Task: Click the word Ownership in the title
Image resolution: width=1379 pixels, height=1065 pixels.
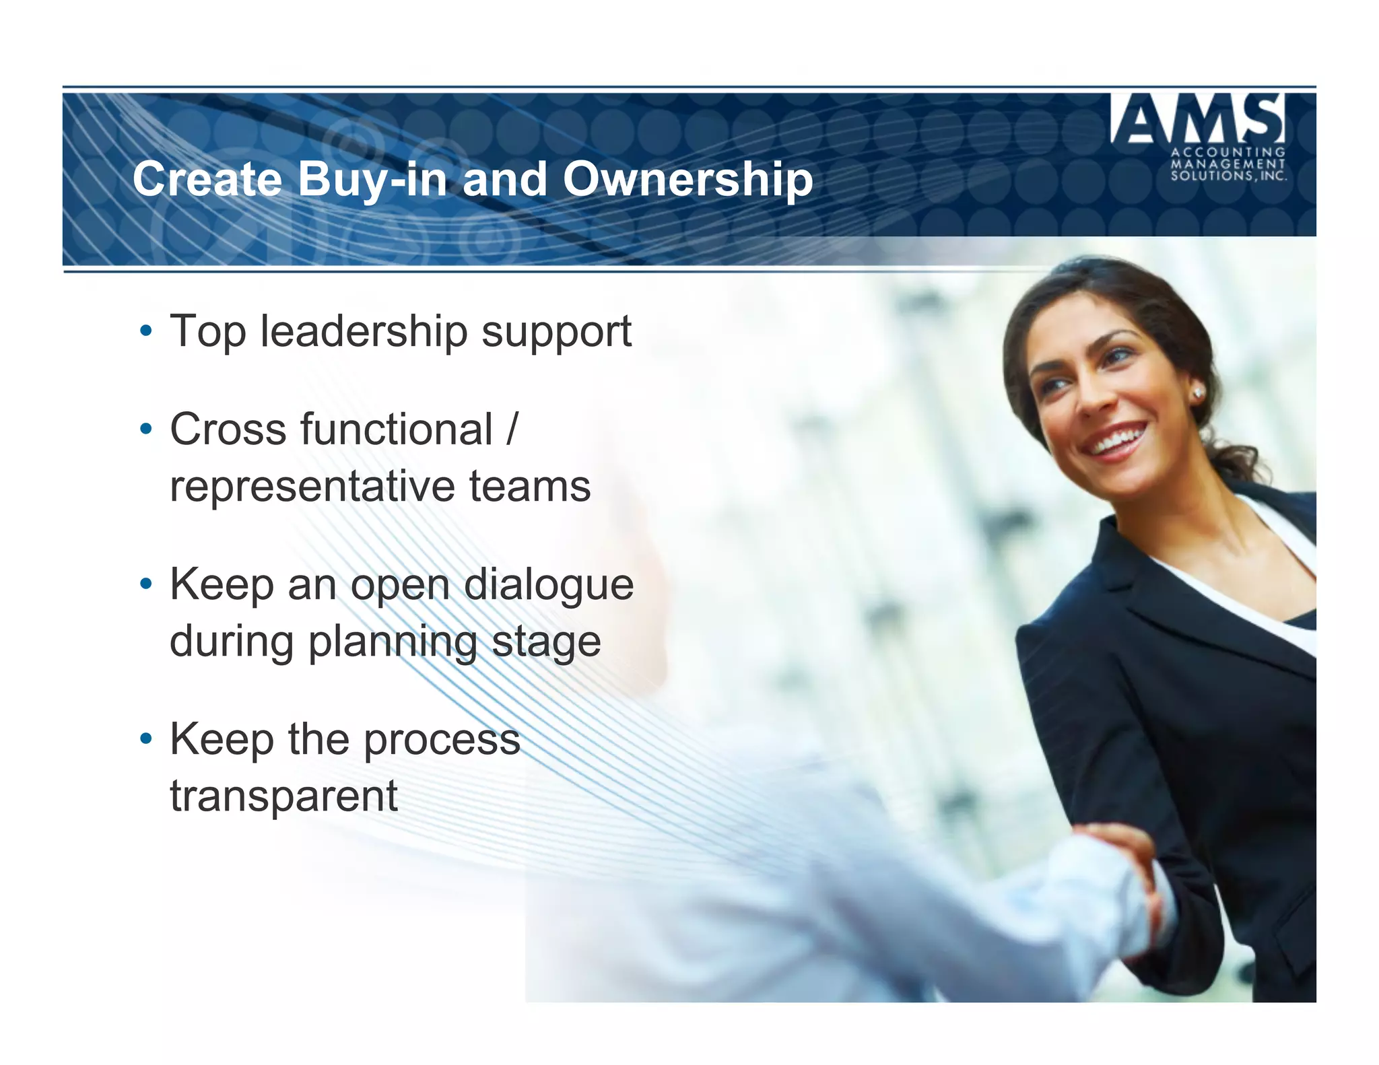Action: tap(687, 180)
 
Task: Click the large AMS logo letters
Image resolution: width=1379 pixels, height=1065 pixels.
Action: tap(1198, 119)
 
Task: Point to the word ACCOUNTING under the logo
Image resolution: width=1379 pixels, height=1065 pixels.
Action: tap(1228, 152)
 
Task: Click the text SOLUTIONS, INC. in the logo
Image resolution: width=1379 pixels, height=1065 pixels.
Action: tap(1228, 176)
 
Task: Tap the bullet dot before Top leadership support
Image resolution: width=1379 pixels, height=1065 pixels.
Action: tap(145, 331)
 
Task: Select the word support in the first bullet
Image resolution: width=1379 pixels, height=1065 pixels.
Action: tap(556, 333)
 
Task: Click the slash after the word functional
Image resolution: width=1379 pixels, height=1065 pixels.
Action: tap(512, 429)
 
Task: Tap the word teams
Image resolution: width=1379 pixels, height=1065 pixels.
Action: tap(530, 486)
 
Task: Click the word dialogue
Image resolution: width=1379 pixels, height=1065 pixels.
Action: tap(549, 585)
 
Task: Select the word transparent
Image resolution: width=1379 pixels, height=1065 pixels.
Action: tap(283, 796)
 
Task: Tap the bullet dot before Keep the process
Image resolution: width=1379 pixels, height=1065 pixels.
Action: tap(145, 739)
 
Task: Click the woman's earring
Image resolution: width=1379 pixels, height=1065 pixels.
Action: tap(1199, 392)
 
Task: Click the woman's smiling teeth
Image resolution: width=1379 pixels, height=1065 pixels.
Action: tap(1118, 440)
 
